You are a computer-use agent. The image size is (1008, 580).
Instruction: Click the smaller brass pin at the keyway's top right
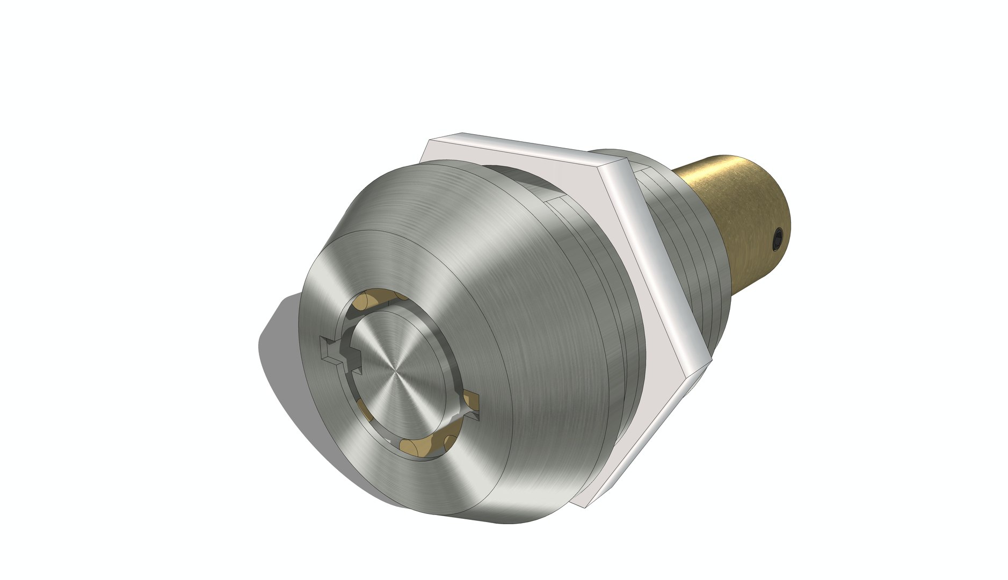coord(402,296)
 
